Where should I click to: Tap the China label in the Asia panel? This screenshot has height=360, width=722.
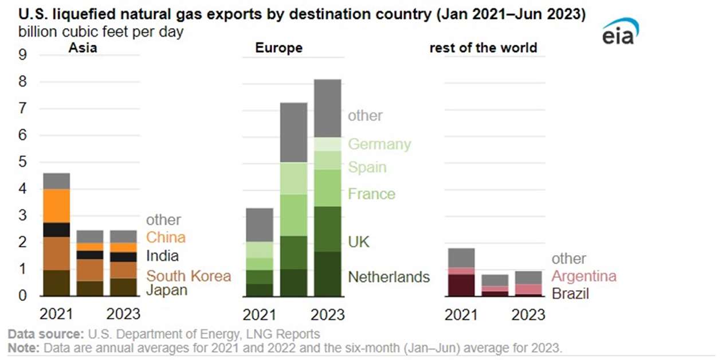[166, 237]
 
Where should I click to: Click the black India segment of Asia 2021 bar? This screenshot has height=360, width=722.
[57, 230]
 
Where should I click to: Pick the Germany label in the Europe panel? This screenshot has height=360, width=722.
[379, 144]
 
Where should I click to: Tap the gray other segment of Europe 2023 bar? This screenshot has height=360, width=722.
[327, 108]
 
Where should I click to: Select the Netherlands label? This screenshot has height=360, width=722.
[389, 277]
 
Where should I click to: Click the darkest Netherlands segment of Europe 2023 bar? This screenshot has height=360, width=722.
[327, 274]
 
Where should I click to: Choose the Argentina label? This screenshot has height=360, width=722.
[583, 276]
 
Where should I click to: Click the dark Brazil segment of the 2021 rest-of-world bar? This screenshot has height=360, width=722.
[461, 285]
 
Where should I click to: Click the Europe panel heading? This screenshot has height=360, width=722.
[278, 48]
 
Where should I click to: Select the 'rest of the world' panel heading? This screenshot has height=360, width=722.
[483, 48]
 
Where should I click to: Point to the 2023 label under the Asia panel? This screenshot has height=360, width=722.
[124, 315]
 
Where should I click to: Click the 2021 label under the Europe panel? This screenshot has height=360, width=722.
[258, 315]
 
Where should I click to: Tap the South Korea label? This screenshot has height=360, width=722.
[188, 276]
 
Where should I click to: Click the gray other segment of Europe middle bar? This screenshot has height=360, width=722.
[293, 132]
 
